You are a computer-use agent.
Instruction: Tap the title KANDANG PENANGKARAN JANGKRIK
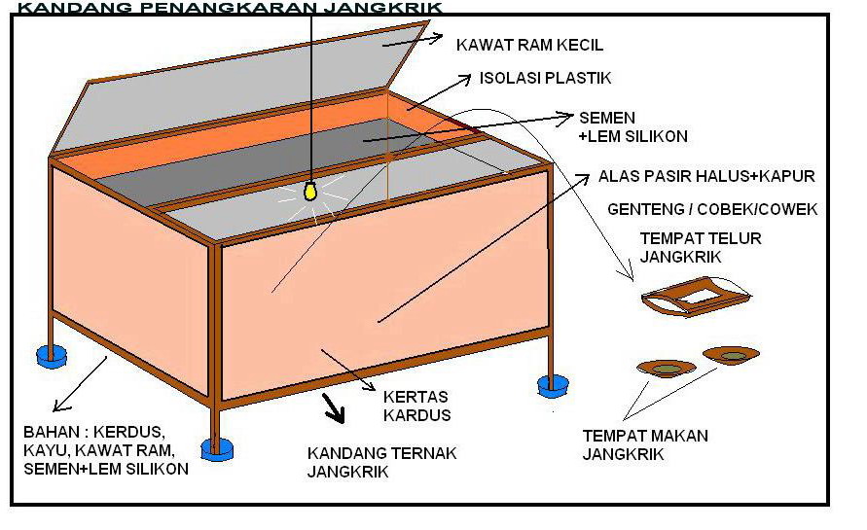[230, 8]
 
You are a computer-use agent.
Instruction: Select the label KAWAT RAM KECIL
[530, 45]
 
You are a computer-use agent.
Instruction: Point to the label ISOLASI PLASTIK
[545, 78]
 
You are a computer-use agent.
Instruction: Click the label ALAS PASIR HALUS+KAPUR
[706, 177]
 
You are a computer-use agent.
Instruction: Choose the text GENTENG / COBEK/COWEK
[712, 209]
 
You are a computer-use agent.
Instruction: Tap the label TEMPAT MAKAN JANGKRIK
[645, 444]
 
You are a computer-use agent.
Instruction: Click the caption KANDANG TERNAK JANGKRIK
[381, 463]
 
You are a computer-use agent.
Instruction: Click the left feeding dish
[667, 368]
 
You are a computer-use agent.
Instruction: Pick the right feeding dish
[732, 356]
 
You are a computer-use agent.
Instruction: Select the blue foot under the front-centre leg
[217, 448]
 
